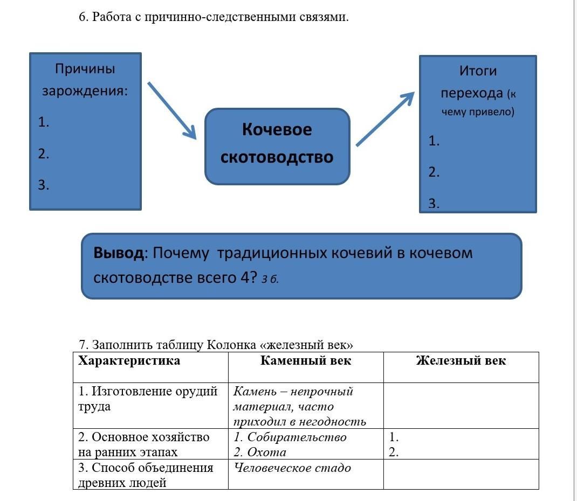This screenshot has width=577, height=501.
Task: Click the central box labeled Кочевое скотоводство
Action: [x=277, y=146]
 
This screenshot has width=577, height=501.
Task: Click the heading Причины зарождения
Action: [x=85, y=79]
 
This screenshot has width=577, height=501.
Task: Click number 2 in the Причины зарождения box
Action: [x=44, y=154]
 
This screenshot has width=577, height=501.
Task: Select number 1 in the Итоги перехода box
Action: [x=434, y=141]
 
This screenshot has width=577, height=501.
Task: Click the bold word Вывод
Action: [x=119, y=253]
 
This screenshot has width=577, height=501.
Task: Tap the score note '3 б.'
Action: [x=270, y=279]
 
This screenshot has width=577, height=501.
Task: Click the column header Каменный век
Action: [x=306, y=361]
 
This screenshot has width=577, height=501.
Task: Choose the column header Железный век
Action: [x=461, y=361]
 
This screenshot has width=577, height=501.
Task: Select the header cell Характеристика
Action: [x=129, y=361]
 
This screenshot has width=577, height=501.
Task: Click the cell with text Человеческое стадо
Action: [x=292, y=468]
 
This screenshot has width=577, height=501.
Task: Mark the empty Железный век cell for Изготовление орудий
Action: [x=461, y=405]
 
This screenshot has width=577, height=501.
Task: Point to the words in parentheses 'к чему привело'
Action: [x=478, y=103]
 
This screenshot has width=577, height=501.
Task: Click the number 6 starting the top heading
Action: [x=83, y=17]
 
